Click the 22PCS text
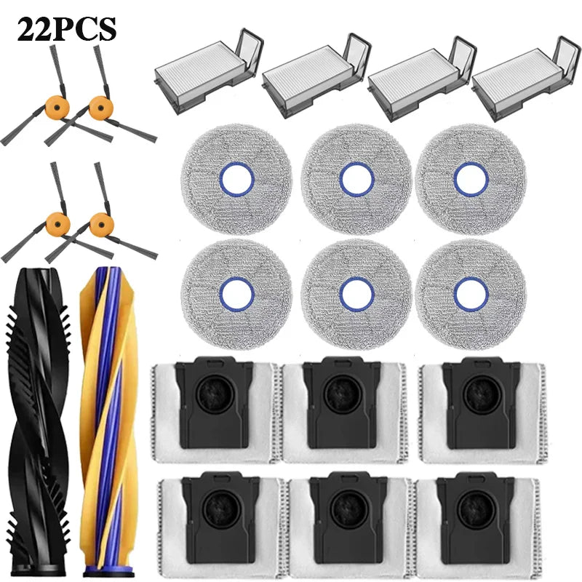pyautogui.click(x=67, y=30)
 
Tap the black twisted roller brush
pyautogui.click(x=38, y=421)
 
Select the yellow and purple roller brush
pyautogui.click(x=108, y=421)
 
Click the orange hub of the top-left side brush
pyautogui.click(x=57, y=107)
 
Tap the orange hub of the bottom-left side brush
pyautogui.click(x=58, y=224)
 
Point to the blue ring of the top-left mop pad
pyautogui.click(x=237, y=179)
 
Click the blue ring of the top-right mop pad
pyautogui.click(x=471, y=179)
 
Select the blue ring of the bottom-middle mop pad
pyautogui.click(x=356, y=294)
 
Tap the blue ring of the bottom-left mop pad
pyautogui.click(x=237, y=294)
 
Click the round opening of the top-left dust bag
pyautogui.click(x=215, y=394)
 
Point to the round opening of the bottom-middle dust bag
pyautogui.click(x=349, y=509)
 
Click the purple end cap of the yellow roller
pyautogui.click(x=108, y=571)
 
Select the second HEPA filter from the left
pyautogui.click(x=316, y=76)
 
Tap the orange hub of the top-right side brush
pyautogui.click(x=101, y=107)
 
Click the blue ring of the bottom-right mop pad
pyautogui.click(x=471, y=294)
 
